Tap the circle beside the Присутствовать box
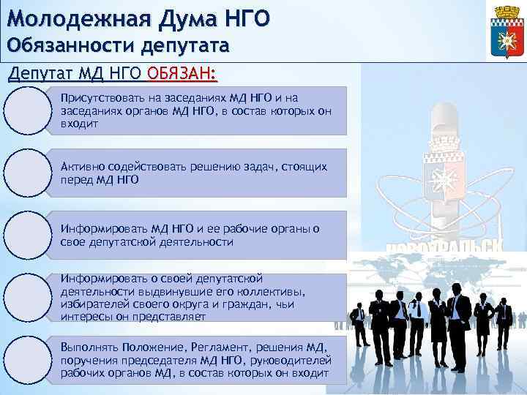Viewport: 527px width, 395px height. click(26, 110)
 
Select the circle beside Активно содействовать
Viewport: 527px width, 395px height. click(26, 173)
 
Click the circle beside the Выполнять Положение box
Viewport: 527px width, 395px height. click(26, 359)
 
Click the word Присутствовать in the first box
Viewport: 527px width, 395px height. click(98, 97)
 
